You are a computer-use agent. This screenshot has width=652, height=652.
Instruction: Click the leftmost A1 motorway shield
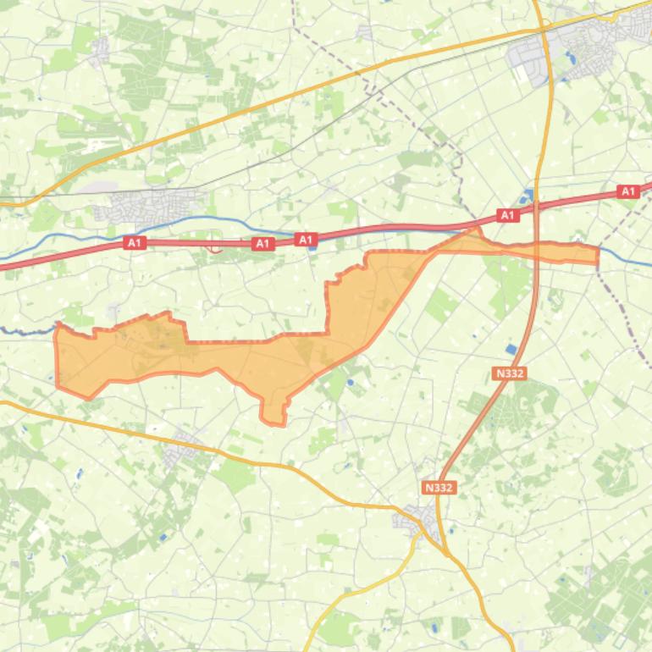click(x=134, y=243)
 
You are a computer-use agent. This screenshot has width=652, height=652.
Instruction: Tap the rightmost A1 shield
click(x=627, y=192)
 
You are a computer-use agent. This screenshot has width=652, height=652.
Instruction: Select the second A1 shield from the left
click(x=263, y=244)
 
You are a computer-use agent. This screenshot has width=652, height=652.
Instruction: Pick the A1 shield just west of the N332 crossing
click(x=506, y=216)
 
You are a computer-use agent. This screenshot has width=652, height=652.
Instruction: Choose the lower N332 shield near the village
click(x=439, y=488)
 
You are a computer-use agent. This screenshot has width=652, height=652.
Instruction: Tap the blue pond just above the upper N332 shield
click(x=510, y=349)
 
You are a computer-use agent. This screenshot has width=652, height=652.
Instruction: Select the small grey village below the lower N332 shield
click(x=416, y=517)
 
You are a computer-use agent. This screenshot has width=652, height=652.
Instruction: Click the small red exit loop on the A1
click(x=215, y=248)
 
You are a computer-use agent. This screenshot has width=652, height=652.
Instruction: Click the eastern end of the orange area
click(x=598, y=255)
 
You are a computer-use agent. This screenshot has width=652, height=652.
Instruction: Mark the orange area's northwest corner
click(x=58, y=326)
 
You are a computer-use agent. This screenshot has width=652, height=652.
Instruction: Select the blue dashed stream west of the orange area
click(x=25, y=330)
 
